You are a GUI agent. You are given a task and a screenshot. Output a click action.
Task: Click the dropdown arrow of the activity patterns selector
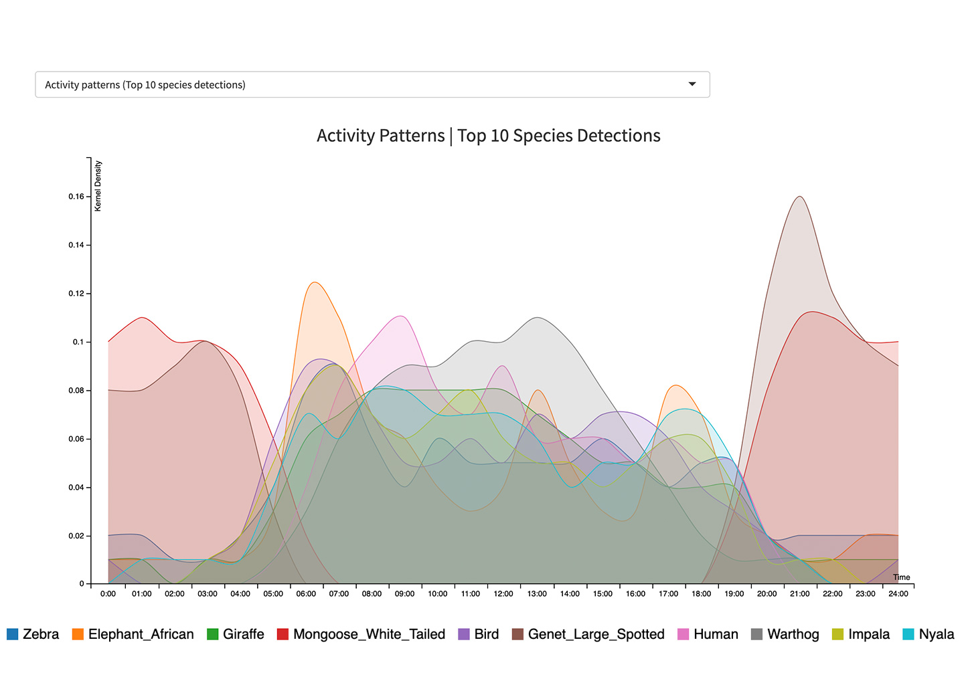pyautogui.click(x=692, y=84)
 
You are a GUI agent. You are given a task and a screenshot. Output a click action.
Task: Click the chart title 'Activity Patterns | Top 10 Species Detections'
pyautogui.click(x=488, y=136)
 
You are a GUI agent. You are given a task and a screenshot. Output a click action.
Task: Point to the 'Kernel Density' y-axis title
pyautogui.click(x=98, y=186)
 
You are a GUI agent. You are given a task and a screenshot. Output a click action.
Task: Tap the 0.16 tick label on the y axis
pyautogui.click(x=76, y=197)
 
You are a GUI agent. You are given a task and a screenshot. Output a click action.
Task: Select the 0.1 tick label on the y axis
pyautogui.click(x=79, y=342)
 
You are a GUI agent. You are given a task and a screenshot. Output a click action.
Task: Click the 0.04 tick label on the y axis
pyautogui.click(x=76, y=488)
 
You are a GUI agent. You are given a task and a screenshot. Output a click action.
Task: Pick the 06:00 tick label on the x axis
pyautogui.click(x=306, y=594)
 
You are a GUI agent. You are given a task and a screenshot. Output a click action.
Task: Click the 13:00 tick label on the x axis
pyautogui.click(x=537, y=594)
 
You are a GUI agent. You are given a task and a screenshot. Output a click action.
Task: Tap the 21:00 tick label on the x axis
pyautogui.click(x=800, y=594)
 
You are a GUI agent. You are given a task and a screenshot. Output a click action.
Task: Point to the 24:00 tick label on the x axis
pyautogui.click(x=898, y=594)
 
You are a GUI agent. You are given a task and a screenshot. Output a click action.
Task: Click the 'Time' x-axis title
pyautogui.click(x=901, y=577)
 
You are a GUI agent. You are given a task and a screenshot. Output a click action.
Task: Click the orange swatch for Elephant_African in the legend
pyautogui.click(x=78, y=634)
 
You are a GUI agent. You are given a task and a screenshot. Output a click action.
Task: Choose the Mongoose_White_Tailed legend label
pyautogui.click(x=369, y=634)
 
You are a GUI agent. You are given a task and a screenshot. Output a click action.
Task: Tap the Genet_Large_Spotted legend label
pyautogui.click(x=596, y=634)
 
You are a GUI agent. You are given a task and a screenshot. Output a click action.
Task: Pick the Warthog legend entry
pyautogui.click(x=793, y=634)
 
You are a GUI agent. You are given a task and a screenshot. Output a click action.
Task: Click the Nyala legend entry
pyautogui.click(x=936, y=634)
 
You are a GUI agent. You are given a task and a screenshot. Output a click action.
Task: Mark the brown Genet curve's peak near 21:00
pyautogui.click(x=800, y=197)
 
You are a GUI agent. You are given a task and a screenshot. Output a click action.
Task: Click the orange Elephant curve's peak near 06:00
pyautogui.click(x=314, y=282)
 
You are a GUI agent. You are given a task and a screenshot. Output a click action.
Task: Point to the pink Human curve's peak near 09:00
pyautogui.click(x=400, y=316)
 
